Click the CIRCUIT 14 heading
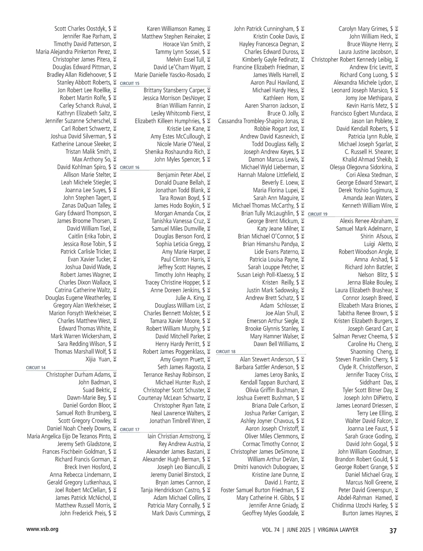pos(36,367)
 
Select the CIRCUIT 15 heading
pos(130,83)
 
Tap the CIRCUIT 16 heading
pos(130,167)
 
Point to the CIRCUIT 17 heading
pos(130,429)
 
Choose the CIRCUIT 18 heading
pos(226,352)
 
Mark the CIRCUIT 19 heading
pos(318,214)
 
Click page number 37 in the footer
pos(393,531)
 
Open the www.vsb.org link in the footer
pos(42,529)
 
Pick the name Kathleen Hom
pos(281,98)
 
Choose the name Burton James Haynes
pos(367,513)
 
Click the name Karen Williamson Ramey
pos(176,29)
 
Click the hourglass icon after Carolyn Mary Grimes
pos(397,29)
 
